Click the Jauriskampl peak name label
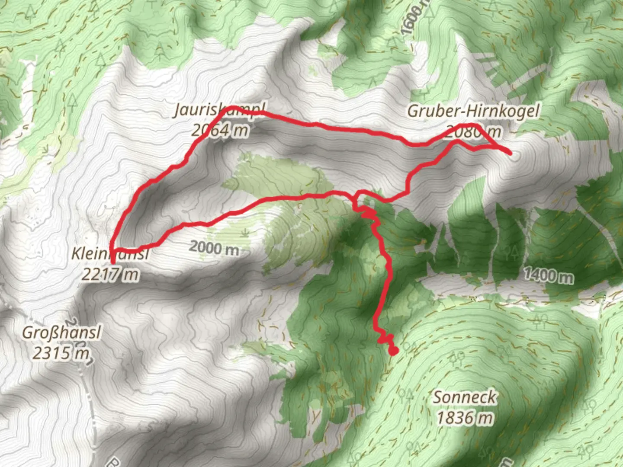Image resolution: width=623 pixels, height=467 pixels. click(219, 110)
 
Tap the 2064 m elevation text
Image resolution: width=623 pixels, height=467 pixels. click(220, 129)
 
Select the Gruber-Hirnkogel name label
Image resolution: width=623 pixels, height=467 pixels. click(473, 111)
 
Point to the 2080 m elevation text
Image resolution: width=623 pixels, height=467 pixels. click(473, 131)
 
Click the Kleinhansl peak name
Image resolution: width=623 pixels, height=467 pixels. click(110, 253)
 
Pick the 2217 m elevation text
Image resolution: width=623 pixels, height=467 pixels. click(110, 274)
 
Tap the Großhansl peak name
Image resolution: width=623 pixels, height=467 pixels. click(61, 333)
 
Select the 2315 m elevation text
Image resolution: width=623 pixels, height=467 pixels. click(61, 353)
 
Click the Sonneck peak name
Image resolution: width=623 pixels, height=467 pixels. click(465, 397)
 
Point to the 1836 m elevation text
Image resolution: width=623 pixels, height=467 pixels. click(465, 418)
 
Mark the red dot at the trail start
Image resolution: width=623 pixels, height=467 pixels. click(393, 351)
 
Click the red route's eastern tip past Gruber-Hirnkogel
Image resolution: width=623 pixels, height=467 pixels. click(511, 153)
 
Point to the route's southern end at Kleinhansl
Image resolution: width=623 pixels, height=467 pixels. click(113, 262)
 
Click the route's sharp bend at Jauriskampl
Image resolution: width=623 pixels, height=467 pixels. click(232, 107)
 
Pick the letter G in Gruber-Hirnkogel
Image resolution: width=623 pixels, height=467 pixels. click(414, 111)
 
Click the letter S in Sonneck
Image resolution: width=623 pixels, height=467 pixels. click(439, 397)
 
